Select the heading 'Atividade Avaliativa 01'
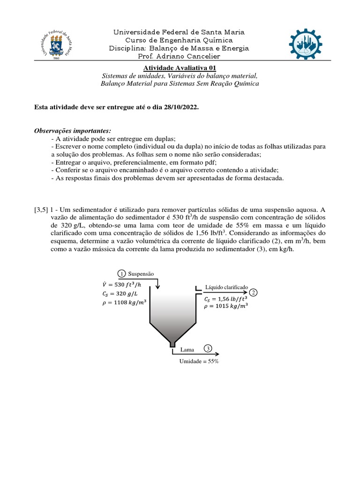(x=180, y=68)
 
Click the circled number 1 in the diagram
(x=121, y=274)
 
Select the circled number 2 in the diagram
(x=254, y=292)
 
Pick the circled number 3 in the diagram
(x=208, y=348)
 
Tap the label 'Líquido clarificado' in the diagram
(x=226, y=286)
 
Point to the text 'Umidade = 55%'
(x=199, y=361)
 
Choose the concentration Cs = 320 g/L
(x=118, y=293)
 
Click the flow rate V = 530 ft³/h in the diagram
(x=122, y=284)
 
